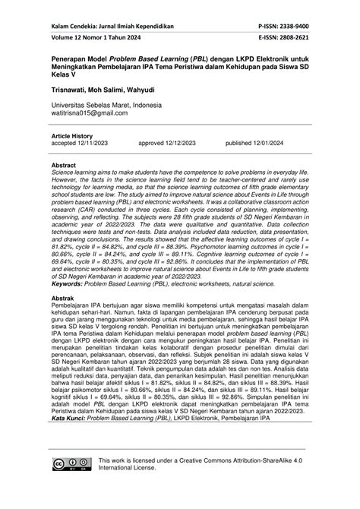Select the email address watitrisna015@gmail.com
click(90, 112)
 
